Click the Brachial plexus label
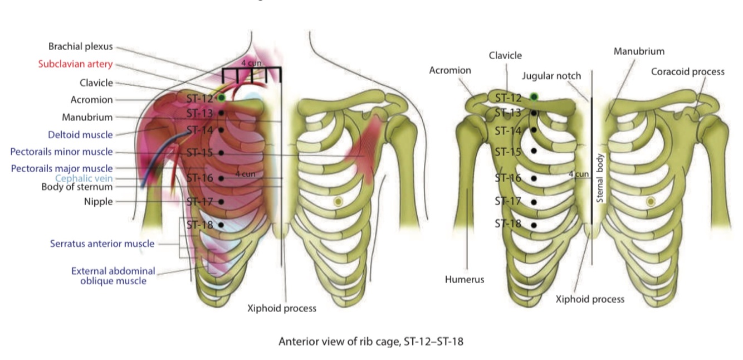(x=80, y=47)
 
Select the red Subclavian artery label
(x=75, y=64)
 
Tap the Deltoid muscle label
(x=80, y=135)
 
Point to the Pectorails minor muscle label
(x=61, y=152)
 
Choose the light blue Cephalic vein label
(x=84, y=178)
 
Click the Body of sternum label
(x=77, y=187)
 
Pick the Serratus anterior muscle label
(x=102, y=244)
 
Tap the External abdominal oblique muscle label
(x=113, y=276)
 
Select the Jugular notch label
(x=551, y=76)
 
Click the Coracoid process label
(x=687, y=72)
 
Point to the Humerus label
(x=464, y=280)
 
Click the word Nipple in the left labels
(x=98, y=202)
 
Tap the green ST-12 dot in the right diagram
(x=534, y=98)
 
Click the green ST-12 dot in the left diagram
(x=221, y=98)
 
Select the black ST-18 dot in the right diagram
(x=534, y=225)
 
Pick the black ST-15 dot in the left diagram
(x=221, y=152)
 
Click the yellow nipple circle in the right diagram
(x=651, y=202)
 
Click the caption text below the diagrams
(x=370, y=342)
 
